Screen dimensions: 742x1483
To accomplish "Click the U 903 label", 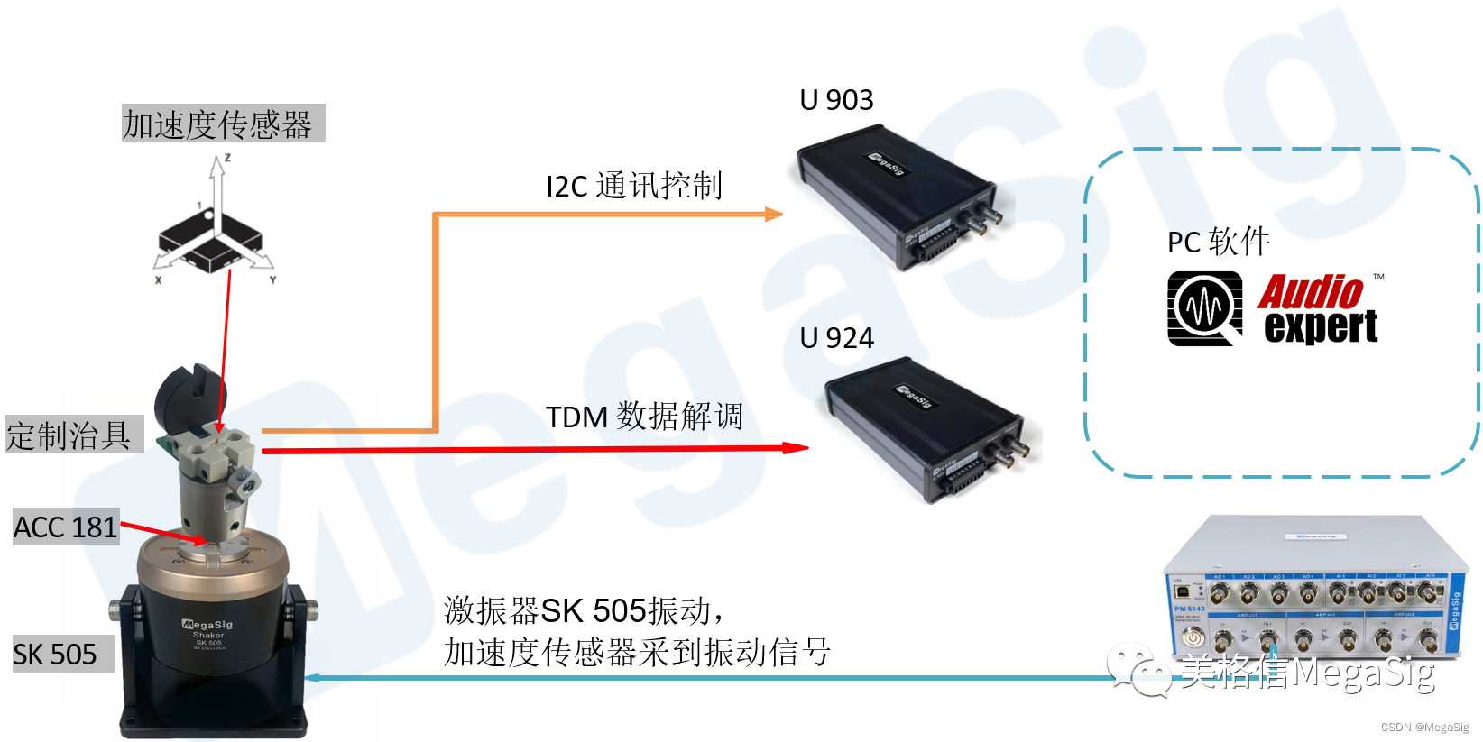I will (x=836, y=100).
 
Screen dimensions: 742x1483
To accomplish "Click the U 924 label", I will (x=836, y=338).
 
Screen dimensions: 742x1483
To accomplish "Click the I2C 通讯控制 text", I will (x=634, y=186).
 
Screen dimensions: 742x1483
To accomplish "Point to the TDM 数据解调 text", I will (x=644, y=417).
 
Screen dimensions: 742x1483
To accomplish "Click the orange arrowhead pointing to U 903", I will (x=773, y=215).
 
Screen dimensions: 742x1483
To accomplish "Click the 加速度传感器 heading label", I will (x=217, y=124).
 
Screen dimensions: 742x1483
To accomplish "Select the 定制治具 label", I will (x=69, y=435).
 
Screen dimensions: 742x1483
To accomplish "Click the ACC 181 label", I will (x=65, y=527).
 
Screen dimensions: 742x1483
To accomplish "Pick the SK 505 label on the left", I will (x=55, y=655).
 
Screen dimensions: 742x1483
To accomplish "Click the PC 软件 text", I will (x=1218, y=242).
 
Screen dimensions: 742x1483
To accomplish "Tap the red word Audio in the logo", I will (x=1311, y=292).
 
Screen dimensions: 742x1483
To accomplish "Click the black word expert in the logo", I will (x=1321, y=326).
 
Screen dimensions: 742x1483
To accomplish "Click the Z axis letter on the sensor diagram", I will (x=227, y=158).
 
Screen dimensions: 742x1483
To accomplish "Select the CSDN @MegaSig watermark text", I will (x=1424, y=728).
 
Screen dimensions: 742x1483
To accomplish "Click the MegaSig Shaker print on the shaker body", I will (x=208, y=628).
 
